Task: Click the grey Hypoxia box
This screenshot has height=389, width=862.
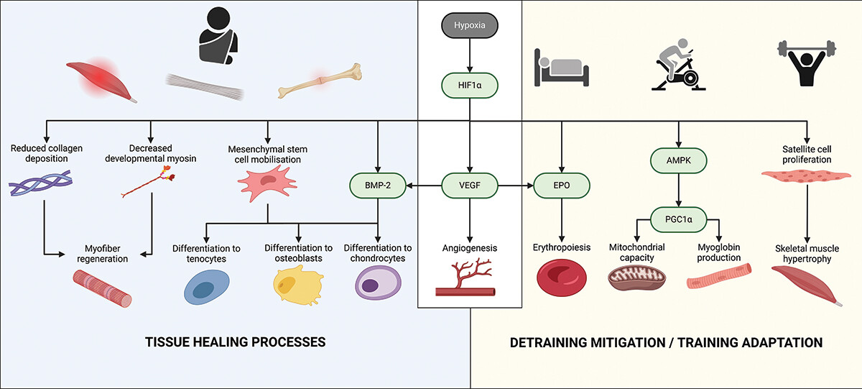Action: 469,26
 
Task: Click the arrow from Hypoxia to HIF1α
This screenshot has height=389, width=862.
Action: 469,58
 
